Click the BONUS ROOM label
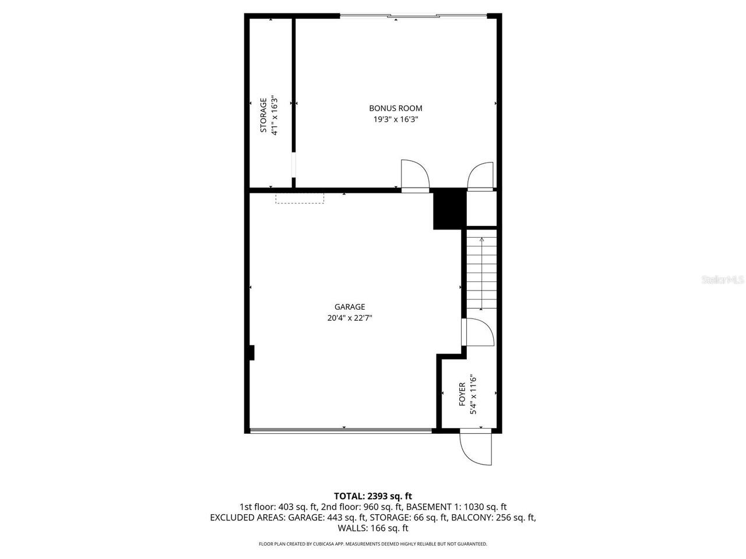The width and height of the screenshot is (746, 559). tap(395, 108)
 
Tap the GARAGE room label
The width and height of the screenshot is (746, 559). tap(350, 307)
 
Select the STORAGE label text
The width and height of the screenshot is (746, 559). tap(263, 115)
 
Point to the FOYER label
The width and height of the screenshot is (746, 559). tap(462, 394)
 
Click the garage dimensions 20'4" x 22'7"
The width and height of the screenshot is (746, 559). tap(350, 318)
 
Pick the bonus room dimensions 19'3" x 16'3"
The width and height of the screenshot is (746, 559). tap(396, 119)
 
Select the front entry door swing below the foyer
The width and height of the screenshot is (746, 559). tap(476, 449)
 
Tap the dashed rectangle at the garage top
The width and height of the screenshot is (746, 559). tap(300, 199)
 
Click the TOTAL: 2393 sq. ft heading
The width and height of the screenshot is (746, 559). tap(372, 496)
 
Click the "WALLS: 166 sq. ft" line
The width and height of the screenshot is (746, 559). tap(372, 528)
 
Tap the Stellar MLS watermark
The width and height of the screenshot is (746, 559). tap(723, 279)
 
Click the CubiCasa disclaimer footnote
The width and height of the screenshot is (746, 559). tap(372, 544)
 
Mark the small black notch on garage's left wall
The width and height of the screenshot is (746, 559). tap(252, 353)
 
